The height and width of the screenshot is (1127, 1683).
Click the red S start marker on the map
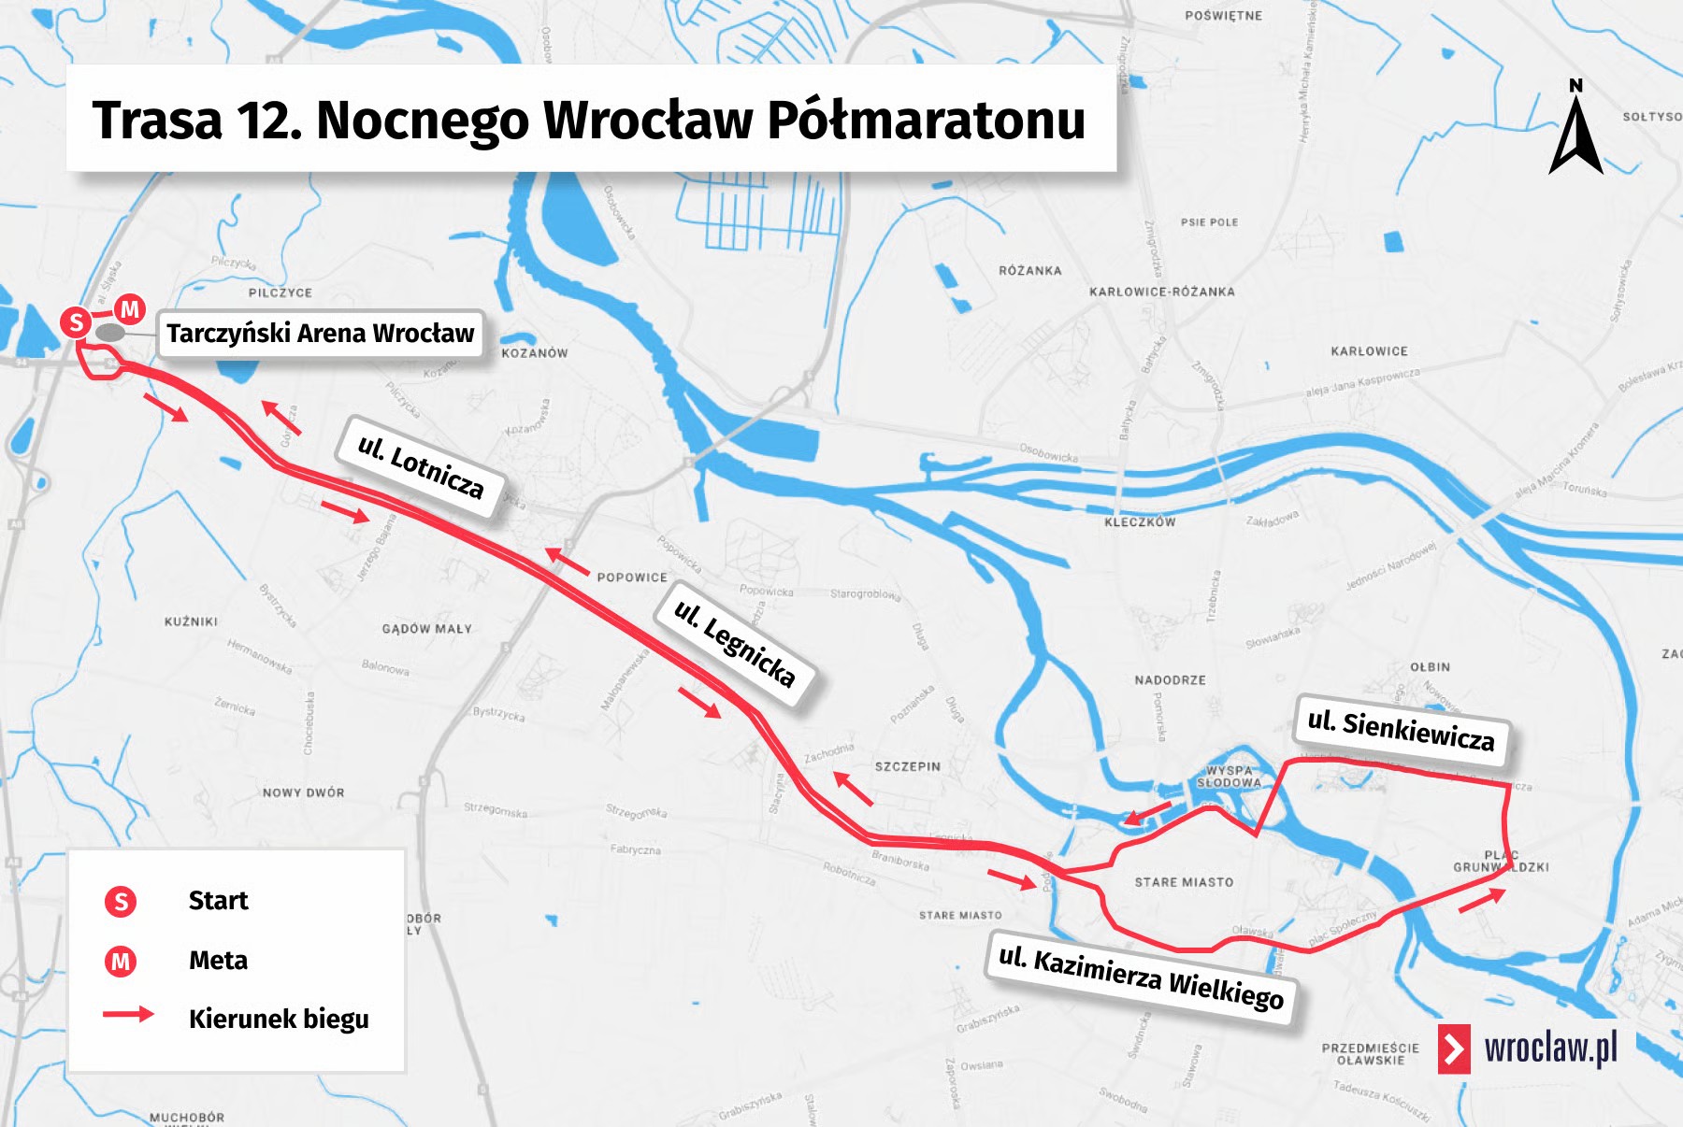[x=76, y=322]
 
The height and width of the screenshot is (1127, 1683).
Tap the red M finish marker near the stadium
[x=130, y=308]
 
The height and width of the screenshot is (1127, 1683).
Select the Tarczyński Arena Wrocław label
[x=320, y=334]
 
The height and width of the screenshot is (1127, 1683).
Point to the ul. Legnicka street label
[x=735, y=643]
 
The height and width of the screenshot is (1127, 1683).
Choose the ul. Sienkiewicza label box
[x=1401, y=730]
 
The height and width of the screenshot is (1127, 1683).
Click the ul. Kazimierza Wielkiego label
[x=1141, y=977]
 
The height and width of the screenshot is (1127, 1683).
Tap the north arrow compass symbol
[x=1575, y=131]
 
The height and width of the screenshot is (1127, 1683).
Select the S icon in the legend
[x=121, y=902]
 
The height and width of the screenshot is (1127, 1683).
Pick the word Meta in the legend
[x=218, y=961]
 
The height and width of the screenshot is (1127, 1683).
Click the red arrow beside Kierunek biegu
[x=128, y=1014]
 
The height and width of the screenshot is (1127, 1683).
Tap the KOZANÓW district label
[x=534, y=353]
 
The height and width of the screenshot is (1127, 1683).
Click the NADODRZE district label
[x=1170, y=680]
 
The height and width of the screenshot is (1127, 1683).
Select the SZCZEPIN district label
[x=907, y=766]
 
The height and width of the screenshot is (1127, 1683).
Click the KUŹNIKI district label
[x=191, y=621]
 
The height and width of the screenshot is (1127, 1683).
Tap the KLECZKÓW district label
[x=1139, y=522]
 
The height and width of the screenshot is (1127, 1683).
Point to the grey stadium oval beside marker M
[x=110, y=333]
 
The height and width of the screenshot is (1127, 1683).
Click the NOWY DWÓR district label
[x=303, y=792]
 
